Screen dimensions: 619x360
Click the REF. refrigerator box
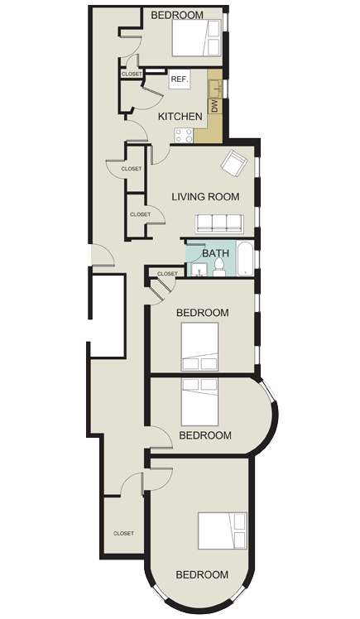180,80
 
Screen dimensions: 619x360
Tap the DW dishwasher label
214,105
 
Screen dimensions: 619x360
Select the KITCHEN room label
180,118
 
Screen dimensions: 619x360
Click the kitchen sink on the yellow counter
214,86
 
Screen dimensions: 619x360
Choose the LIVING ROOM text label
205,197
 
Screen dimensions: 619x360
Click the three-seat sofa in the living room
218,223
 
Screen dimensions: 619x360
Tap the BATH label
215,255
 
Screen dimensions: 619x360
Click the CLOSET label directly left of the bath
167,273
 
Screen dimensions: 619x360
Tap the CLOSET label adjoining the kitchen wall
132,74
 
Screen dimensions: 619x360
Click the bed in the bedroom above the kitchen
196,37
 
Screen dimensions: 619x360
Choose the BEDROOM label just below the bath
203,313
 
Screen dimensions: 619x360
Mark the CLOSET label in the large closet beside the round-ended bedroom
123,534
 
